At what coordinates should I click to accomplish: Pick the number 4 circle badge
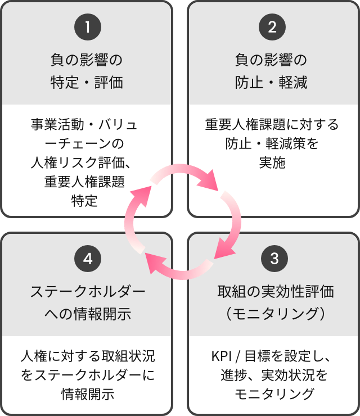pos(87,259)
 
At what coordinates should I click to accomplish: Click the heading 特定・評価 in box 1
pos(87,83)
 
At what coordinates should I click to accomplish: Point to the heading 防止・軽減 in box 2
pos(272,83)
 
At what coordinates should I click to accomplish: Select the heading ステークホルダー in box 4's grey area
pos(87,292)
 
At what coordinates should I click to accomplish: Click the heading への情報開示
pos(87,313)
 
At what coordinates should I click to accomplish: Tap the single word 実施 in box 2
pos(272,163)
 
